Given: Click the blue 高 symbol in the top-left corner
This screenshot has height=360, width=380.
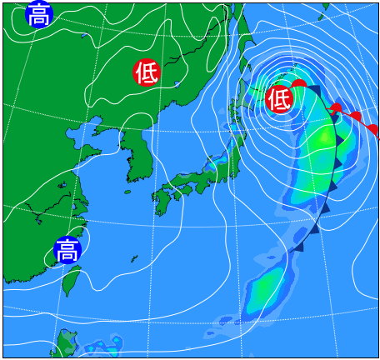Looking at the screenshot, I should click(38, 14).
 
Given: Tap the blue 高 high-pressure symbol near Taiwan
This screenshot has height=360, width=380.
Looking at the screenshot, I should click(67, 249).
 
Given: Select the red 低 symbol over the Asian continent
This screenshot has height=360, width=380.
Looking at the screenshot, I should click(147, 73).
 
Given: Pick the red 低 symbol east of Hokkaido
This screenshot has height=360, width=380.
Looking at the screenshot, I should click(279, 100).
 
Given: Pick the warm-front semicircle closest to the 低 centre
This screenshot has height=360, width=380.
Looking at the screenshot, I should click(298, 83).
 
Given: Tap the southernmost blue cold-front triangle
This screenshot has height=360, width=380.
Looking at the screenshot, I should click(297, 246).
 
